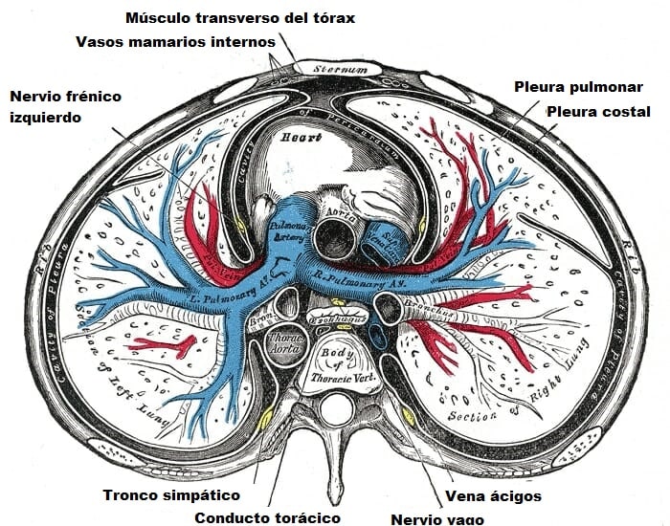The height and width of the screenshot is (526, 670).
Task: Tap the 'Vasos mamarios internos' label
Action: (176, 42)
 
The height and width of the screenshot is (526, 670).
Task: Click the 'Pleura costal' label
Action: (598, 112)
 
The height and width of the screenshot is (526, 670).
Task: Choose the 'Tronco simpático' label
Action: (170, 495)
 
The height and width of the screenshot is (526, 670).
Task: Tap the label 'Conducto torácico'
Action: (267, 517)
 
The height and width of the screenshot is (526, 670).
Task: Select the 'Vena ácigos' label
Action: (494, 495)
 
